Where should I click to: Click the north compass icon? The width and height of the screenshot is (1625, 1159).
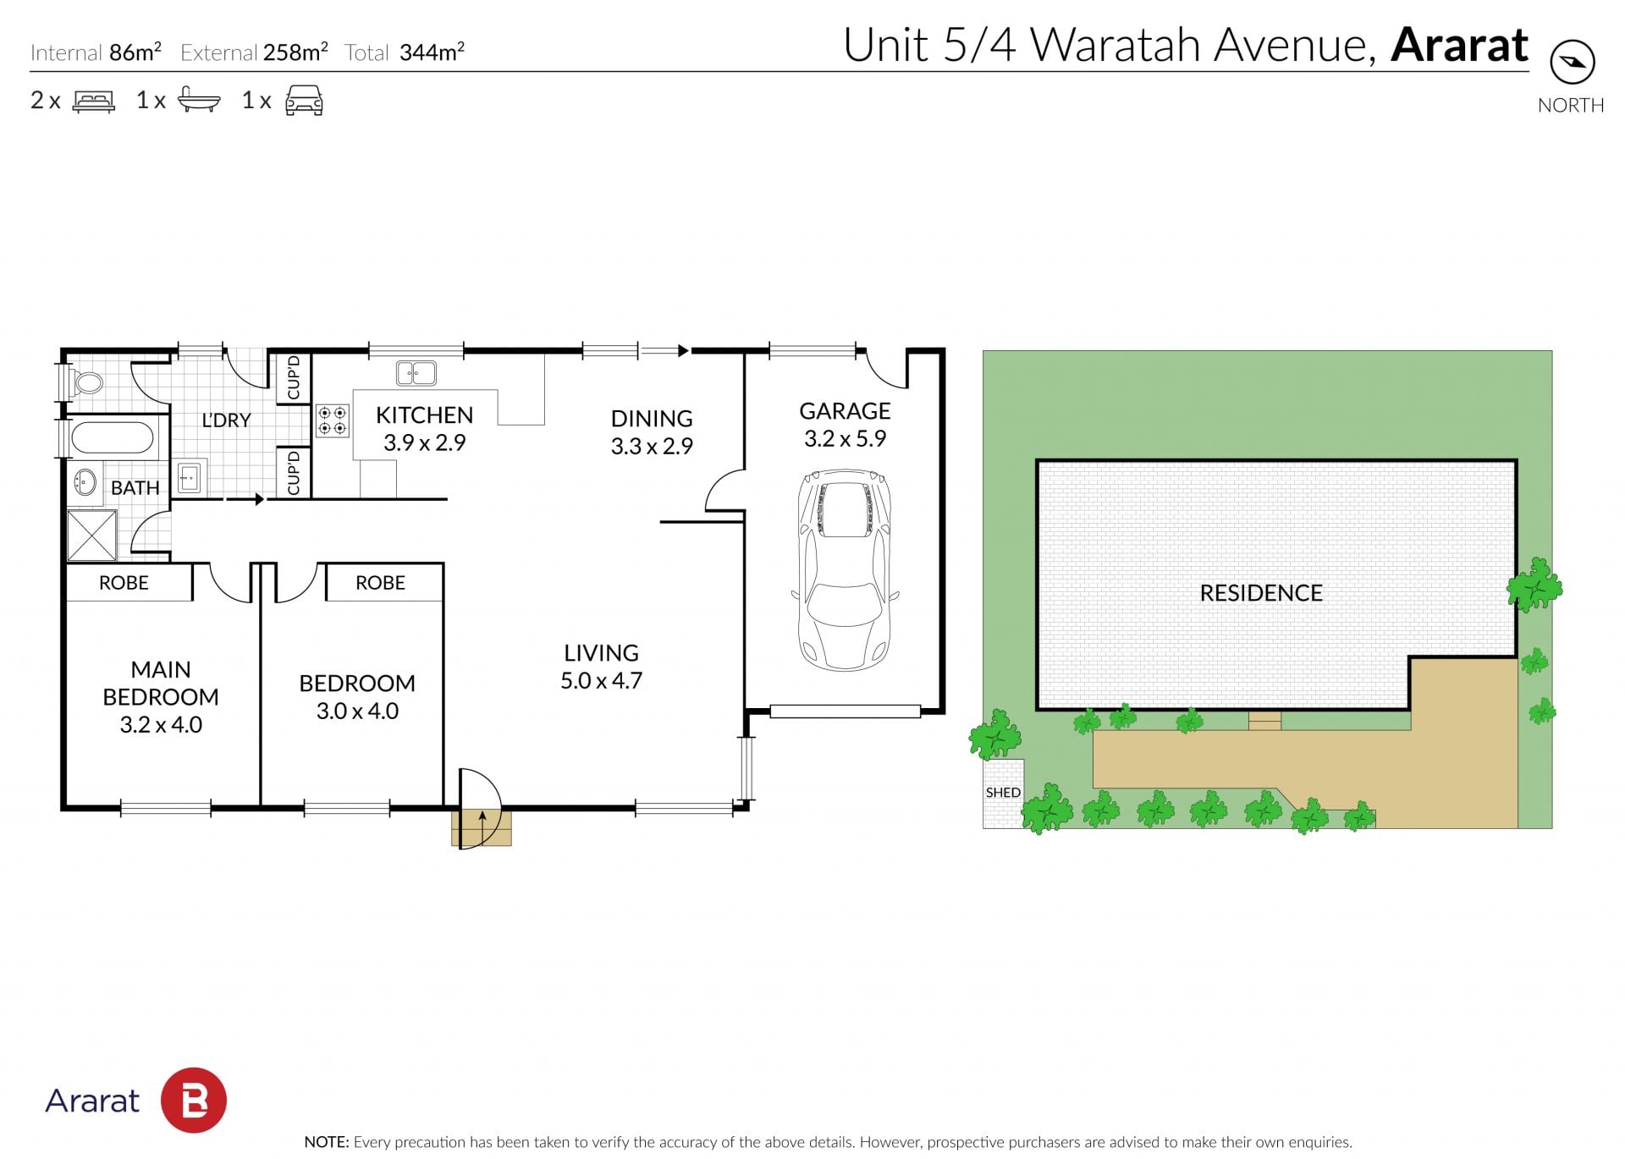point(1572,62)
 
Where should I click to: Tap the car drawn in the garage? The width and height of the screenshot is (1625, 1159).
point(845,571)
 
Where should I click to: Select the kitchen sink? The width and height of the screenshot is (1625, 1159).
point(416,372)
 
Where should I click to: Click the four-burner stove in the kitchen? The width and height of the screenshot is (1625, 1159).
point(332,420)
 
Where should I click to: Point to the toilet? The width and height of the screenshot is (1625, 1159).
point(85,383)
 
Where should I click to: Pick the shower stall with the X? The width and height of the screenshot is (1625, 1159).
point(91,536)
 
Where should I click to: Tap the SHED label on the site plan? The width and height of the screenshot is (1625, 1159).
point(1003,793)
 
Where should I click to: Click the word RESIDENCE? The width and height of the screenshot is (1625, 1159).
point(1261,593)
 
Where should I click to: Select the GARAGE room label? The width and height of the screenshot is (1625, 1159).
point(845,411)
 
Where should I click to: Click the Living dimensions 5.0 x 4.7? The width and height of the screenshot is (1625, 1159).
point(601,680)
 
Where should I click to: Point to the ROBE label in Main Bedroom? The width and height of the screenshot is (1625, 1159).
point(124,583)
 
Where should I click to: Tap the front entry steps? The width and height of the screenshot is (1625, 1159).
point(482,827)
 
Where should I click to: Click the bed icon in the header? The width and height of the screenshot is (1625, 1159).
point(94,102)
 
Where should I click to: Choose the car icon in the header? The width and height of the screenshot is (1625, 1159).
point(304,100)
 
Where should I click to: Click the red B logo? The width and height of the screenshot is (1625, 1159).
point(194,1100)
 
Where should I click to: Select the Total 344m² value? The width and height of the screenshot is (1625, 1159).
point(432,52)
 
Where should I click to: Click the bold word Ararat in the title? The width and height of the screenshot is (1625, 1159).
point(1459,45)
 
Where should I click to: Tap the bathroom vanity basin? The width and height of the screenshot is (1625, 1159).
point(85,482)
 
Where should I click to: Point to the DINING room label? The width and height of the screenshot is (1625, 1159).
point(652,419)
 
